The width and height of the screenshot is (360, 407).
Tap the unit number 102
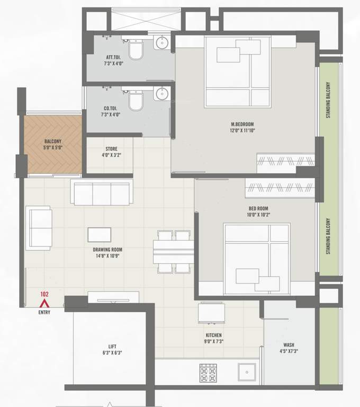(x=45, y=294)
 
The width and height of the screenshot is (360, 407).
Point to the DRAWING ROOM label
(x=107, y=250)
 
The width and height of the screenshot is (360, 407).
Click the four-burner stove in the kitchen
(x=208, y=373)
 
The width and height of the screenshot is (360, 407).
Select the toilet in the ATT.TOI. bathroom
(x=136, y=50)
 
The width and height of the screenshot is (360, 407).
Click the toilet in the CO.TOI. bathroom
(x=136, y=101)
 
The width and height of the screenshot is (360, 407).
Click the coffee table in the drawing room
(x=100, y=235)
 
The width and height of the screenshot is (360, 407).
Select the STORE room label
(x=111, y=149)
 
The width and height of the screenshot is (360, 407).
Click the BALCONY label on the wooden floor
(x=52, y=141)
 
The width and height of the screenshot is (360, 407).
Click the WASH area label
(x=289, y=344)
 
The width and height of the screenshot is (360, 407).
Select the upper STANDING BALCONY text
(x=329, y=100)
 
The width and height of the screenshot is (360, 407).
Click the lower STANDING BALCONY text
(x=329, y=236)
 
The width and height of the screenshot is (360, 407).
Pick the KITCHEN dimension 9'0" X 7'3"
(x=214, y=342)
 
